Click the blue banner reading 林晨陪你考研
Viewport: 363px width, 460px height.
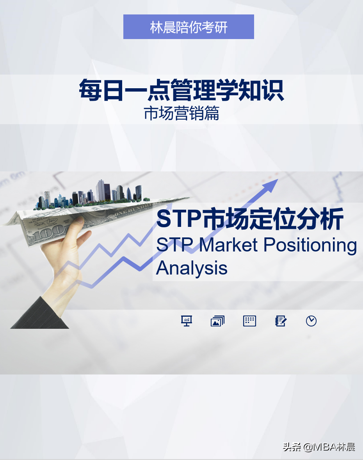click(189, 27)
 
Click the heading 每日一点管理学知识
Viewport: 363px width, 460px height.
click(181, 91)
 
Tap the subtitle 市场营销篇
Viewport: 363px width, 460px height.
click(181, 114)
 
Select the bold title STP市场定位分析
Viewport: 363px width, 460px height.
click(250, 219)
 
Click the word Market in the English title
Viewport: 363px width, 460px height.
click(229, 245)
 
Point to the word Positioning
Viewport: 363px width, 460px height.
click(310, 245)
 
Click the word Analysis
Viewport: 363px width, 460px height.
click(192, 268)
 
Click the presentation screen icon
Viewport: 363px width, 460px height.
click(187, 321)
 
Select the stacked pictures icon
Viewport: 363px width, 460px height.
click(217, 321)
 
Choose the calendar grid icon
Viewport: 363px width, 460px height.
click(249, 321)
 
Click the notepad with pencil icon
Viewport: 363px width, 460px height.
click(281, 321)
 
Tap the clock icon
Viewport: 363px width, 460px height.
click(311, 321)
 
